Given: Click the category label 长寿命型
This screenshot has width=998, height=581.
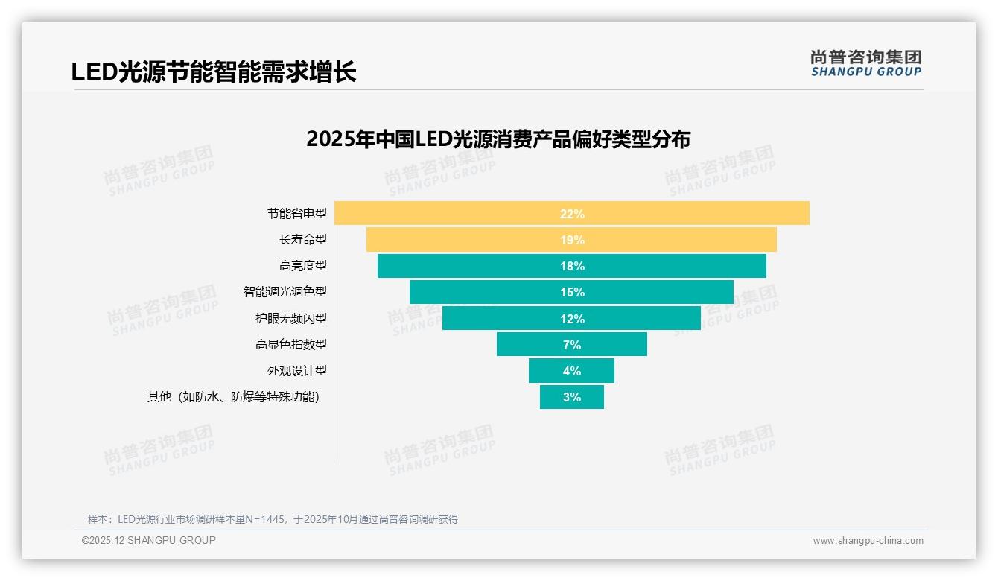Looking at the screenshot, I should click(x=302, y=240).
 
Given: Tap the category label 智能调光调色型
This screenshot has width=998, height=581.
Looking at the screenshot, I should click(x=285, y=292).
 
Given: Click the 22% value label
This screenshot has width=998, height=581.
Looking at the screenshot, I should click(x=572, y=214).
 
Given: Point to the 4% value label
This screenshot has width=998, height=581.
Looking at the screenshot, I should click(x=572, y=371).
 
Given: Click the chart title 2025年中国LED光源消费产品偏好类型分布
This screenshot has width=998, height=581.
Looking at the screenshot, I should click(x=498, y=139).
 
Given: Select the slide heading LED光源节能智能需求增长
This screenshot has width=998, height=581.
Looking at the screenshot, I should click(x=214, y=72).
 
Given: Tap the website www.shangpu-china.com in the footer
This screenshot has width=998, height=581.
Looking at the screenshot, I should click(x=868, y=541).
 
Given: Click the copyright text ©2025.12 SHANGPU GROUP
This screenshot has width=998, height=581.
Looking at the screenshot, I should click(x=149, y=540).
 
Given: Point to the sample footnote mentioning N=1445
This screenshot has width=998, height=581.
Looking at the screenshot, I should click(x=273, y=519).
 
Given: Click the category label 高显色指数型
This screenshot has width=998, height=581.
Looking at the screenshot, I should click(x=290, y=345).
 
